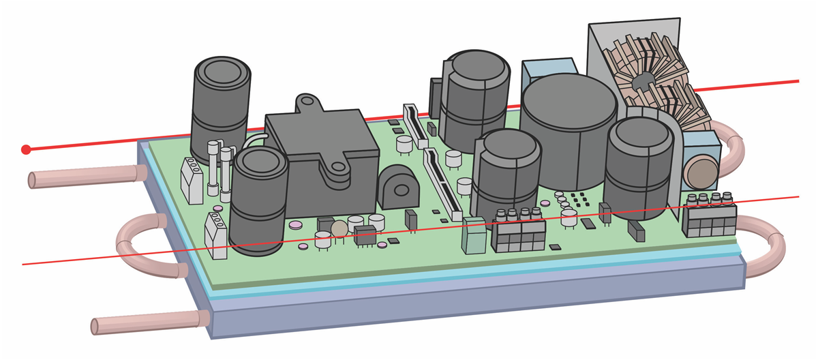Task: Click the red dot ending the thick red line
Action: coord(26,149)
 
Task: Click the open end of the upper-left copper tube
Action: coord(32,181)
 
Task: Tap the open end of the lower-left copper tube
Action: coord(95,327)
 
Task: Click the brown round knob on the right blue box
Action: coord(700,172)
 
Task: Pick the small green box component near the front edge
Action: coord(473,237)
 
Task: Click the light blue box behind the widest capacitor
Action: coord(545,70)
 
